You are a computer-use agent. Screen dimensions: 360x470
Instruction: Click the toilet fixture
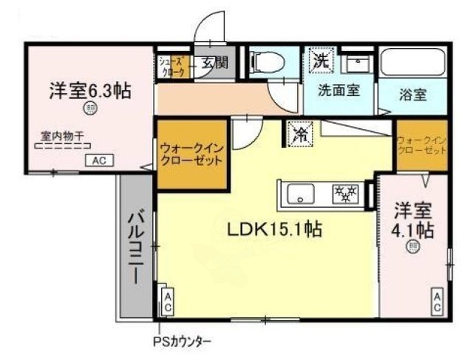pyautogui.click(x=267, y=61)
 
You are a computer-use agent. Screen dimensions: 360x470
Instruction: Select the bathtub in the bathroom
pyautogui.click(x=413, y=63)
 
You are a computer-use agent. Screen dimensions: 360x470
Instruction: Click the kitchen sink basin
pyautogui.click(x=301, y=196)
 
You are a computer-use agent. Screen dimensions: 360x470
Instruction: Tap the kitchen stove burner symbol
pyautogui.click(x=346, y=195)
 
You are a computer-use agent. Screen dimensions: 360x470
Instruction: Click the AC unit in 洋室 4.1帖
pyautogui.click(x=436, y=302)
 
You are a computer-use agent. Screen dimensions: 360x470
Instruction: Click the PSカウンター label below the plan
pyautogui.click(x=188, y=340)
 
